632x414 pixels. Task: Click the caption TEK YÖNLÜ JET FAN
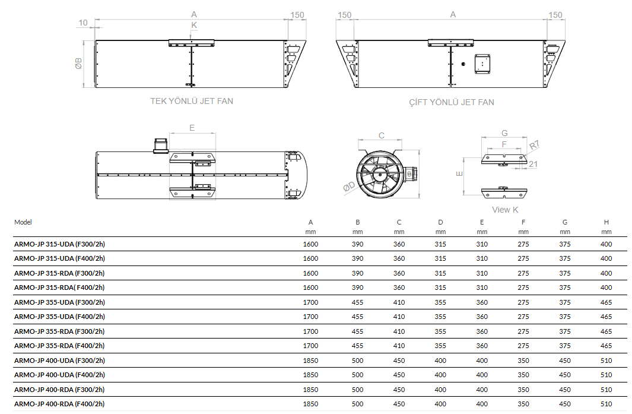tap(192, 101)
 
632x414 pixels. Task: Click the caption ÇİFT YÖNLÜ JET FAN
tap(452, 102)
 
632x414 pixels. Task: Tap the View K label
tap(505, 210)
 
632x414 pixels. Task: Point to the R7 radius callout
tap(535, 145)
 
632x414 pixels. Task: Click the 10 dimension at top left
tap(82, 23)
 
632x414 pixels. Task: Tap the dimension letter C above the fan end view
tap(382, 135)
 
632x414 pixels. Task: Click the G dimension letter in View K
tap(504, 132)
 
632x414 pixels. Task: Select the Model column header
tap(23, 222)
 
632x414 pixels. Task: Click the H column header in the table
tap(606, 222)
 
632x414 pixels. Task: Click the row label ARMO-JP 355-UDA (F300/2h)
tap(59, 302)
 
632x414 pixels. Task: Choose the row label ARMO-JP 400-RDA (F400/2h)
tap(59, 404)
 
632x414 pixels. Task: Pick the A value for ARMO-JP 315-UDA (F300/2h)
tap(310, 244)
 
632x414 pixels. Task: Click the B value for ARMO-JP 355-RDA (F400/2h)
tap(357, 346)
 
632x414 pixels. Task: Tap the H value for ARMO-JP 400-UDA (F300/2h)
tap(606, 361)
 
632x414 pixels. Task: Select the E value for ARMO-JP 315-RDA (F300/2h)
tap(482, 273)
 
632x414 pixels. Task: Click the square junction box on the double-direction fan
tap(482, 63)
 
